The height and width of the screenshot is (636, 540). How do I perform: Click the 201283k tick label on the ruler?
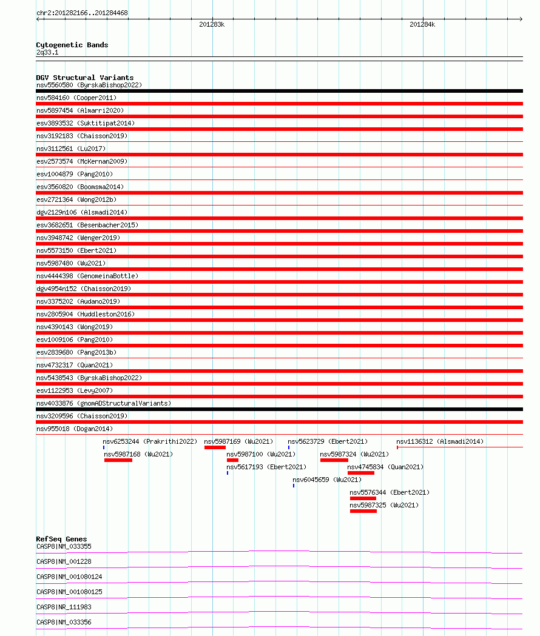tap(212, 24)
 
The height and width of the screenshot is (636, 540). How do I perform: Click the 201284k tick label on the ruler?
tap(422, 24)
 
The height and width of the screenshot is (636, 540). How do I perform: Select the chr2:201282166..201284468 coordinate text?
tap(82, 13)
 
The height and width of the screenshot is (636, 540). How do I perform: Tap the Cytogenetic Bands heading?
tap(72, 45)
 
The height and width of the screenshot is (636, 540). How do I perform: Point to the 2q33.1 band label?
tap(47, 52)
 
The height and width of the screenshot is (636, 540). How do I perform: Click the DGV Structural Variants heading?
tap(84, 78)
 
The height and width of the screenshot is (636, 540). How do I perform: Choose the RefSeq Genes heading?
tap(61, 539)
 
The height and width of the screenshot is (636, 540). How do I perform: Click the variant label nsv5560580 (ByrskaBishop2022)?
tap(89, 85)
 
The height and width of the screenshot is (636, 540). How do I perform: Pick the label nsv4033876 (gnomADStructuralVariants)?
tap(104, 403)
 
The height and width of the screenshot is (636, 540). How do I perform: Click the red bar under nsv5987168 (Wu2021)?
tap(118, 460)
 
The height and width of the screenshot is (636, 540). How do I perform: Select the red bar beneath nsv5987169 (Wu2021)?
tap(215, 447)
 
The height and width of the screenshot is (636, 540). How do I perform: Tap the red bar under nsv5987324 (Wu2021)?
tap(334, 460)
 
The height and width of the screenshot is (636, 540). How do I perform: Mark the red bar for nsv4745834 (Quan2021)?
tap(360, 473)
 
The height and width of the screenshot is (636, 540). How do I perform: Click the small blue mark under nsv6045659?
tap(294, 486)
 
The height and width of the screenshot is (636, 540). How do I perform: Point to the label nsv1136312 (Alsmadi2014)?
tap(440, 441)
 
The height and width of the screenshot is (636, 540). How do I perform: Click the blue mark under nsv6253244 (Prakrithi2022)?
tap(104, 447)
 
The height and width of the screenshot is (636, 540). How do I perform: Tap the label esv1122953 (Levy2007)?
tap(75, 390)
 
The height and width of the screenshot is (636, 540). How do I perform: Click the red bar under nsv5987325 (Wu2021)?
tap(363, 511)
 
